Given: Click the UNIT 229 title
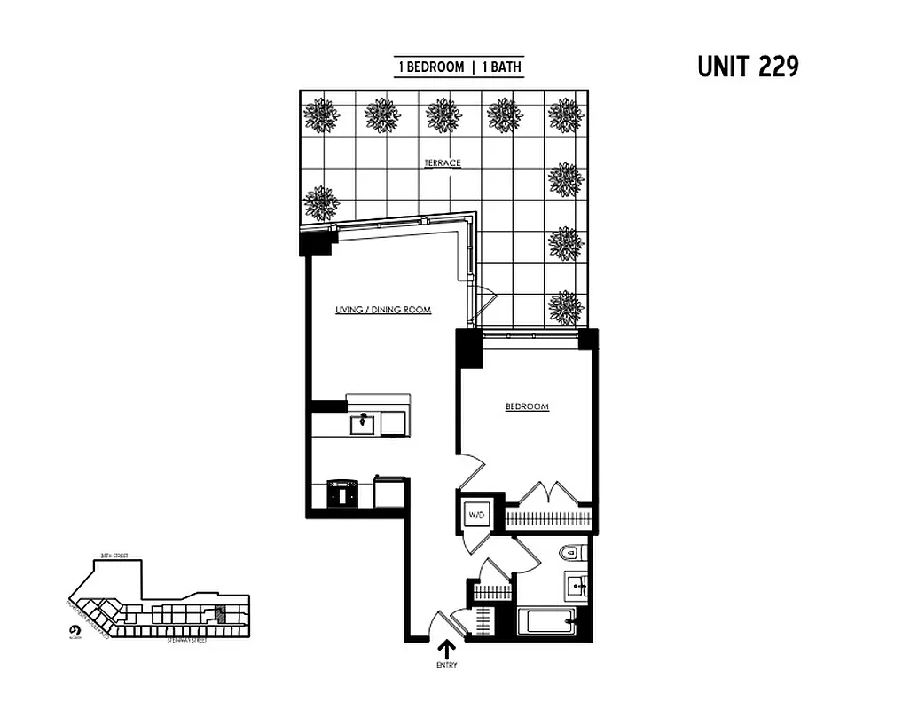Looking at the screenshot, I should [748, 67].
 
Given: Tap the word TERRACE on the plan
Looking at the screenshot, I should [442, 163].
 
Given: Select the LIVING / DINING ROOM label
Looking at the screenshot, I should [383, 310].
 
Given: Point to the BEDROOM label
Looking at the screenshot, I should [527, 407].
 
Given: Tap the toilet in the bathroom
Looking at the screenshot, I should [570, 554].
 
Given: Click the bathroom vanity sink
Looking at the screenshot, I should [577, 587].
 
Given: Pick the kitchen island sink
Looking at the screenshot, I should [363, 424].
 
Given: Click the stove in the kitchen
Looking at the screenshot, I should [341, 493].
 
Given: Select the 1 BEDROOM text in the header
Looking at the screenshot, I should [431, 67].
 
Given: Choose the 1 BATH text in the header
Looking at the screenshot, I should [501, 67].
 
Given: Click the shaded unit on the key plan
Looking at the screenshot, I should [221, 611].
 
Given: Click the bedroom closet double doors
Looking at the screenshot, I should [543, 493].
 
